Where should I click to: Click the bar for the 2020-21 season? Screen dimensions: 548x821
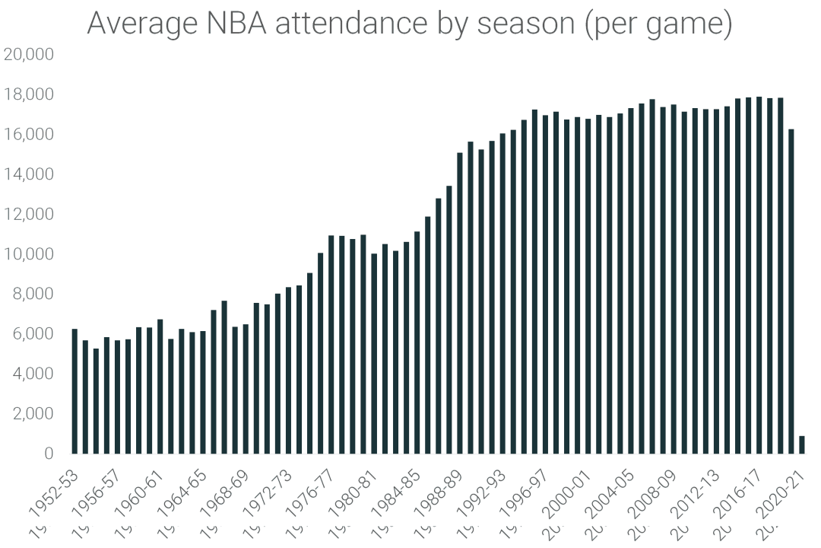(x=801, y=444)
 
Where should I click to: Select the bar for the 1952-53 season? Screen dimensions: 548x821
(x=74, y=391)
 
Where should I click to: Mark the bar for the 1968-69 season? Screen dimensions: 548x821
(x=246, y=389)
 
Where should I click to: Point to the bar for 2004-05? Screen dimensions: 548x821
(x=631, y=281)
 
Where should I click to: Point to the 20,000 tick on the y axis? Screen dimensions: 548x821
(x=28, y=54)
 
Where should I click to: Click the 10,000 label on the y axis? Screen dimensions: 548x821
(x=28, y=253)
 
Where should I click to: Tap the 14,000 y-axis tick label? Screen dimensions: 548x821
(x=28, y=174)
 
